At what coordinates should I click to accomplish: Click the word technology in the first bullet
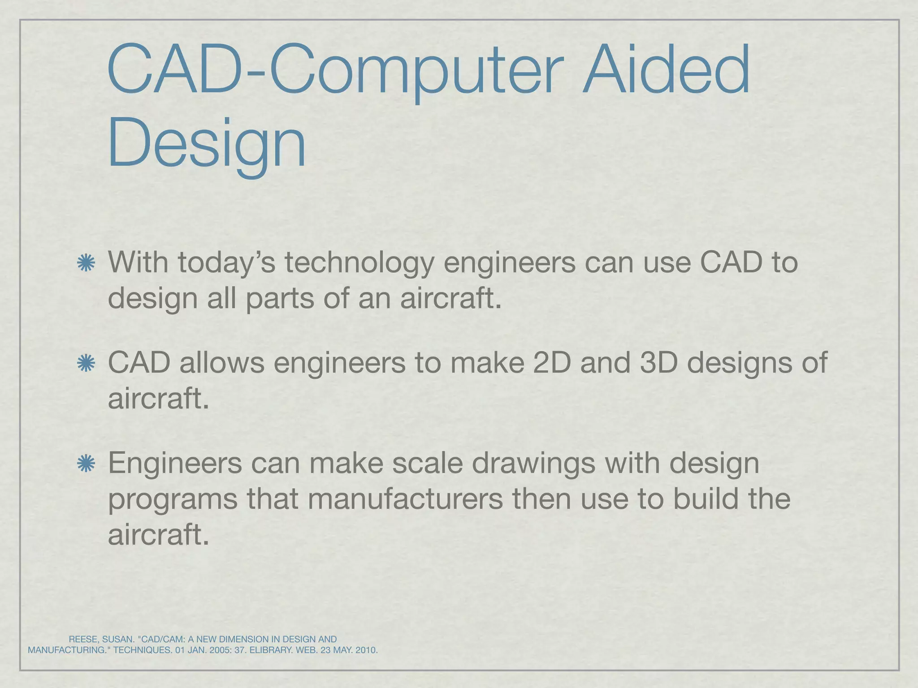359,263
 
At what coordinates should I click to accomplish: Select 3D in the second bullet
658,362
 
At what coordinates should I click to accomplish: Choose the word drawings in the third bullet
533,464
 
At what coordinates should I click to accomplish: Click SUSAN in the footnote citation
118,639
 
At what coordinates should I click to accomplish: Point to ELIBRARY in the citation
271,650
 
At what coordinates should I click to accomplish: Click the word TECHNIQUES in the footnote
143,650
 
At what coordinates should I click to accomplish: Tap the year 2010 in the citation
366,650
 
